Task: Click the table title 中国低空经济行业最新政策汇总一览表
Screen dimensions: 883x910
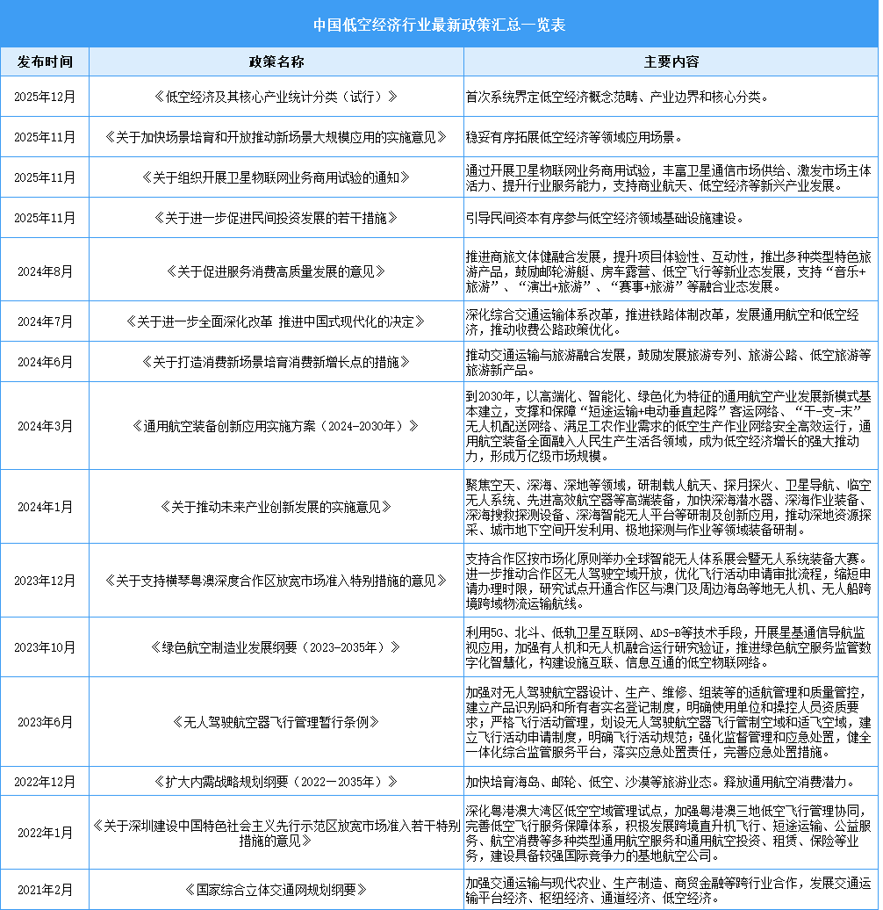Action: coord(441,24)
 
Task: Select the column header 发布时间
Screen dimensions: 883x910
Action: coord(45,62)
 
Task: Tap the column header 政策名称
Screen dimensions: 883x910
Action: coord(276,62)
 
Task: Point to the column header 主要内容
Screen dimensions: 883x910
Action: coord(671,62)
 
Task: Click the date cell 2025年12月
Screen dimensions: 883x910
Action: coord(45,97)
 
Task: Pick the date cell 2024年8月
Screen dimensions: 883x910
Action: coord(45,270)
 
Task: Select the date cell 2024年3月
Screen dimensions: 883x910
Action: coord(45,426)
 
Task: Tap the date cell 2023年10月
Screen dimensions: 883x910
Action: coord(45,647)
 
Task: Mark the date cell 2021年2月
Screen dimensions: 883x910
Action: coord(45,889)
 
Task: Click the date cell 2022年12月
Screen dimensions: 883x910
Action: coord(45,780)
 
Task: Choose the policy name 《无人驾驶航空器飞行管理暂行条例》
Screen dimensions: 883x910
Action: coord(276,722)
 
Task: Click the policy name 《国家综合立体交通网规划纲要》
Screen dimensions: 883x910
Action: coord(276,889)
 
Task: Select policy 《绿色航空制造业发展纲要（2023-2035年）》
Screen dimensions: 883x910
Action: coord(276,647)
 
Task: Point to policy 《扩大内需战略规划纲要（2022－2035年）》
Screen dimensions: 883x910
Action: coord(276,780)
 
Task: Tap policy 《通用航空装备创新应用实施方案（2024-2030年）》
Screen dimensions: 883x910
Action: coord(276,426)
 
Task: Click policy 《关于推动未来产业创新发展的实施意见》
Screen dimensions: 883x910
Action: coord(276,507)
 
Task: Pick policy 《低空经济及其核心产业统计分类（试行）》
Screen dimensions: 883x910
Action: coord(276,97)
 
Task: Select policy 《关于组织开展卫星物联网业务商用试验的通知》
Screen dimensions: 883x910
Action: coord(276,177)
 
